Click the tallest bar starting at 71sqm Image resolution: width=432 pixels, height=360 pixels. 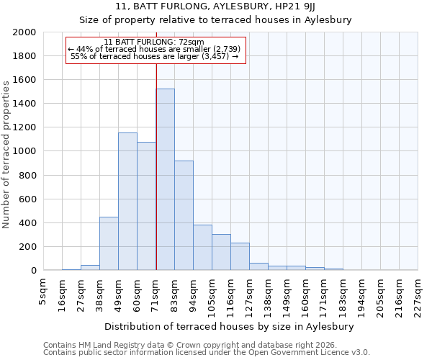165,179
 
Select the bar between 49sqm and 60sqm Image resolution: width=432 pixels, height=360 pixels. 127,202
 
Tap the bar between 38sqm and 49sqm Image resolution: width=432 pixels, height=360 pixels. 109,243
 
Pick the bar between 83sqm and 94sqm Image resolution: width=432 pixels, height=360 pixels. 184,215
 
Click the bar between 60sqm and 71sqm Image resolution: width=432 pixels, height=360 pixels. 146,206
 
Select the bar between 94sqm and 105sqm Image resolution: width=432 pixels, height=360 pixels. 202,248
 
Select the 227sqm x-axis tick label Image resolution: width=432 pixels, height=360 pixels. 418,294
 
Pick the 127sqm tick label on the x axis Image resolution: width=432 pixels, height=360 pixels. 250,294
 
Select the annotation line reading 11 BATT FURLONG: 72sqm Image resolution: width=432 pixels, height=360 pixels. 154,42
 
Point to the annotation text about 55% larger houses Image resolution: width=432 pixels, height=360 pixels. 154,56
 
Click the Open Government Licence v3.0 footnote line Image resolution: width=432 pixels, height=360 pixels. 207,352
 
